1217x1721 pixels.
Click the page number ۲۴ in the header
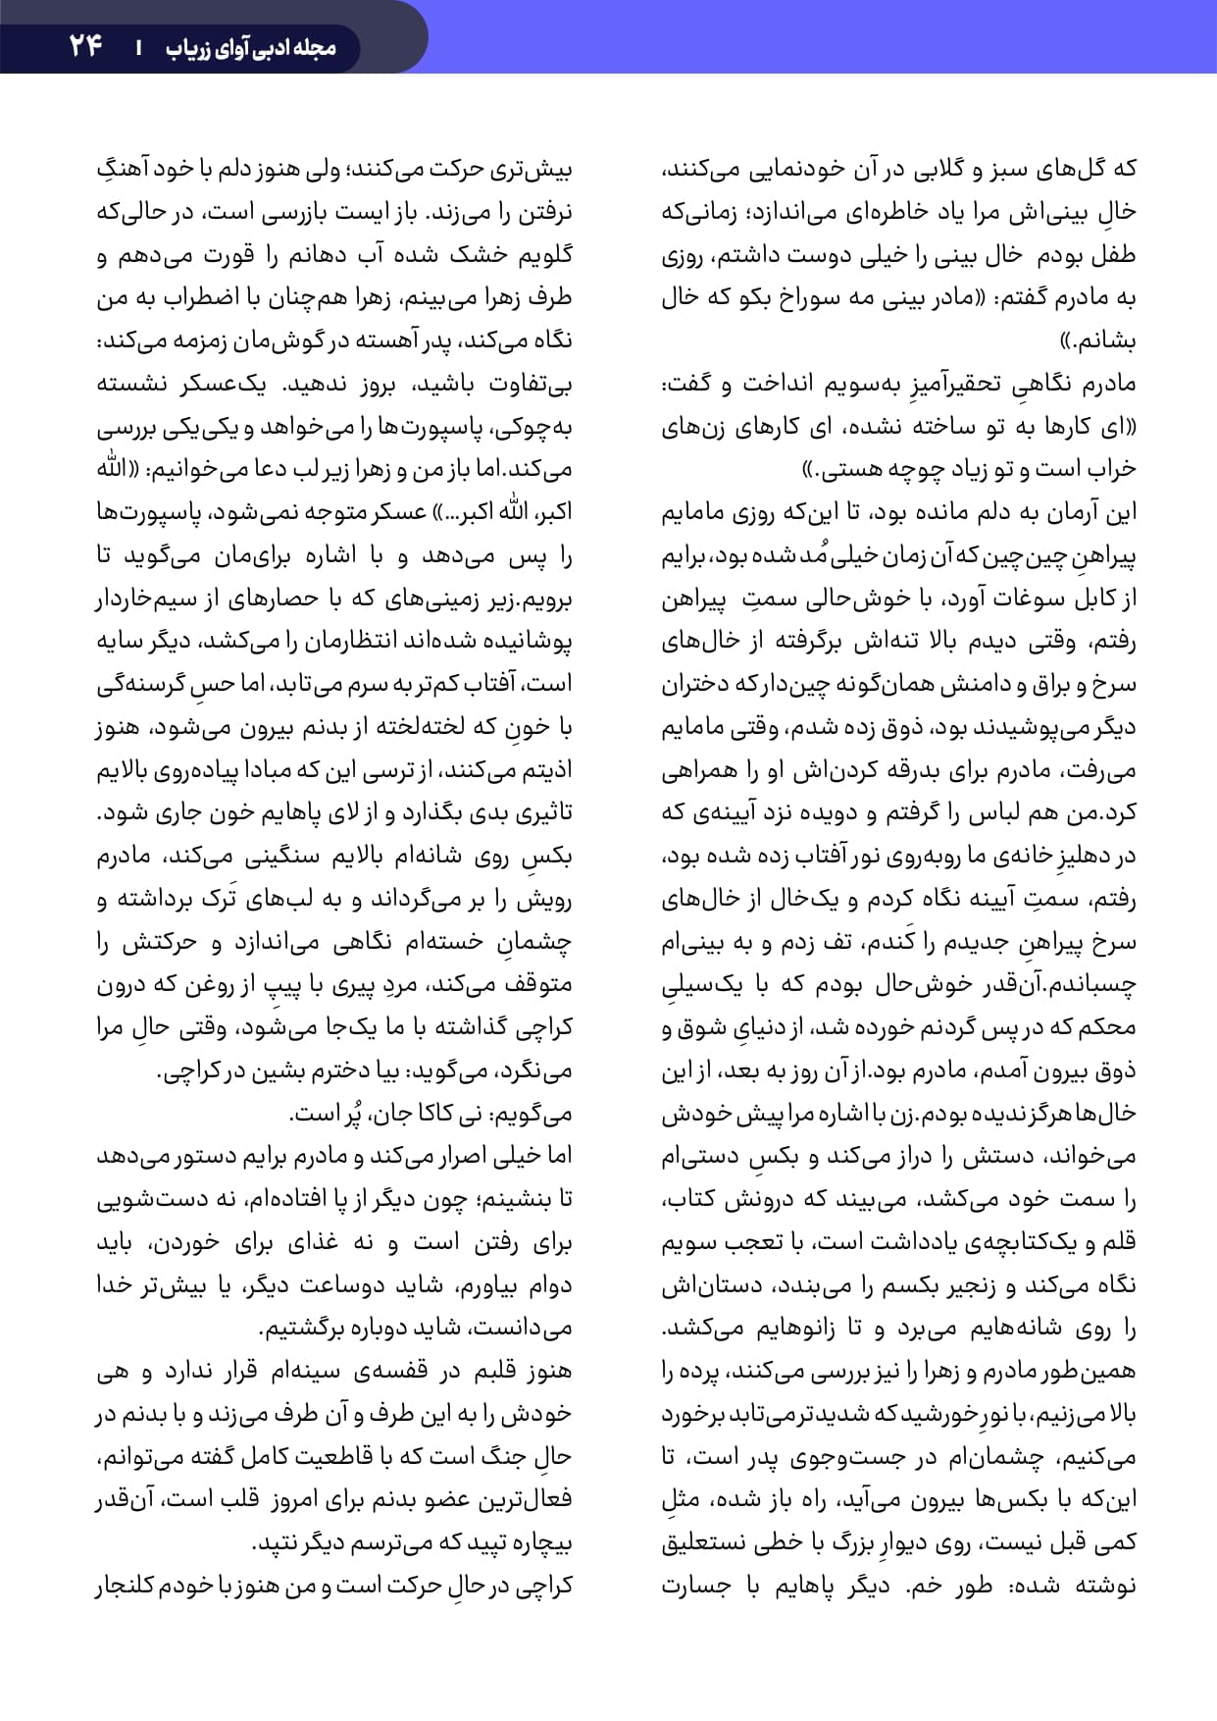(x=86, y=45)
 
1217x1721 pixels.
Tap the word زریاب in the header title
(x=186, y=47)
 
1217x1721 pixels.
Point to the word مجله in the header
(x=315, y=47)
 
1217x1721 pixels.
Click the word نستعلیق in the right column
(x=703, y=1542)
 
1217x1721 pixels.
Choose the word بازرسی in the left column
(x=293, y=212)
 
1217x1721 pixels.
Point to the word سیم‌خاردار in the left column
(x=145, y=599)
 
